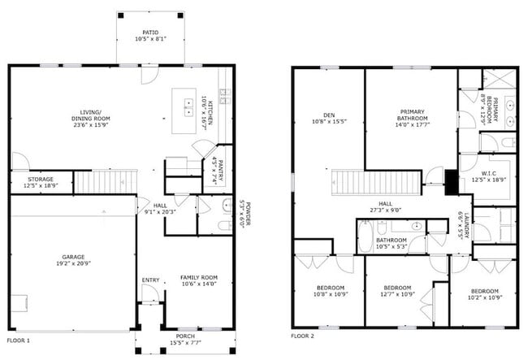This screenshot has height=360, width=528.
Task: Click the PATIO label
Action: click(151, 33)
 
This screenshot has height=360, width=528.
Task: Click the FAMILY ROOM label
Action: click(199, 278)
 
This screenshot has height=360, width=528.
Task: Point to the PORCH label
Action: click(185, 336)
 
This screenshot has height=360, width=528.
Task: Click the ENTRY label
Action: click(151, 280)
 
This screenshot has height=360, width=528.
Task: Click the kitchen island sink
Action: click(184, 102)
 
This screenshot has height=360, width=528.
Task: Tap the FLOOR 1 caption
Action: click(18, 340)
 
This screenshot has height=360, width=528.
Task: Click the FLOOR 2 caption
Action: click(303, 336)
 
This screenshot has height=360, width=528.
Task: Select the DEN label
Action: click(329, 115)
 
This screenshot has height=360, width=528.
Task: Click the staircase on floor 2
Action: click(355, 180)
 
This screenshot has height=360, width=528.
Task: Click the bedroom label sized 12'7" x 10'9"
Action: click(397, 288)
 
